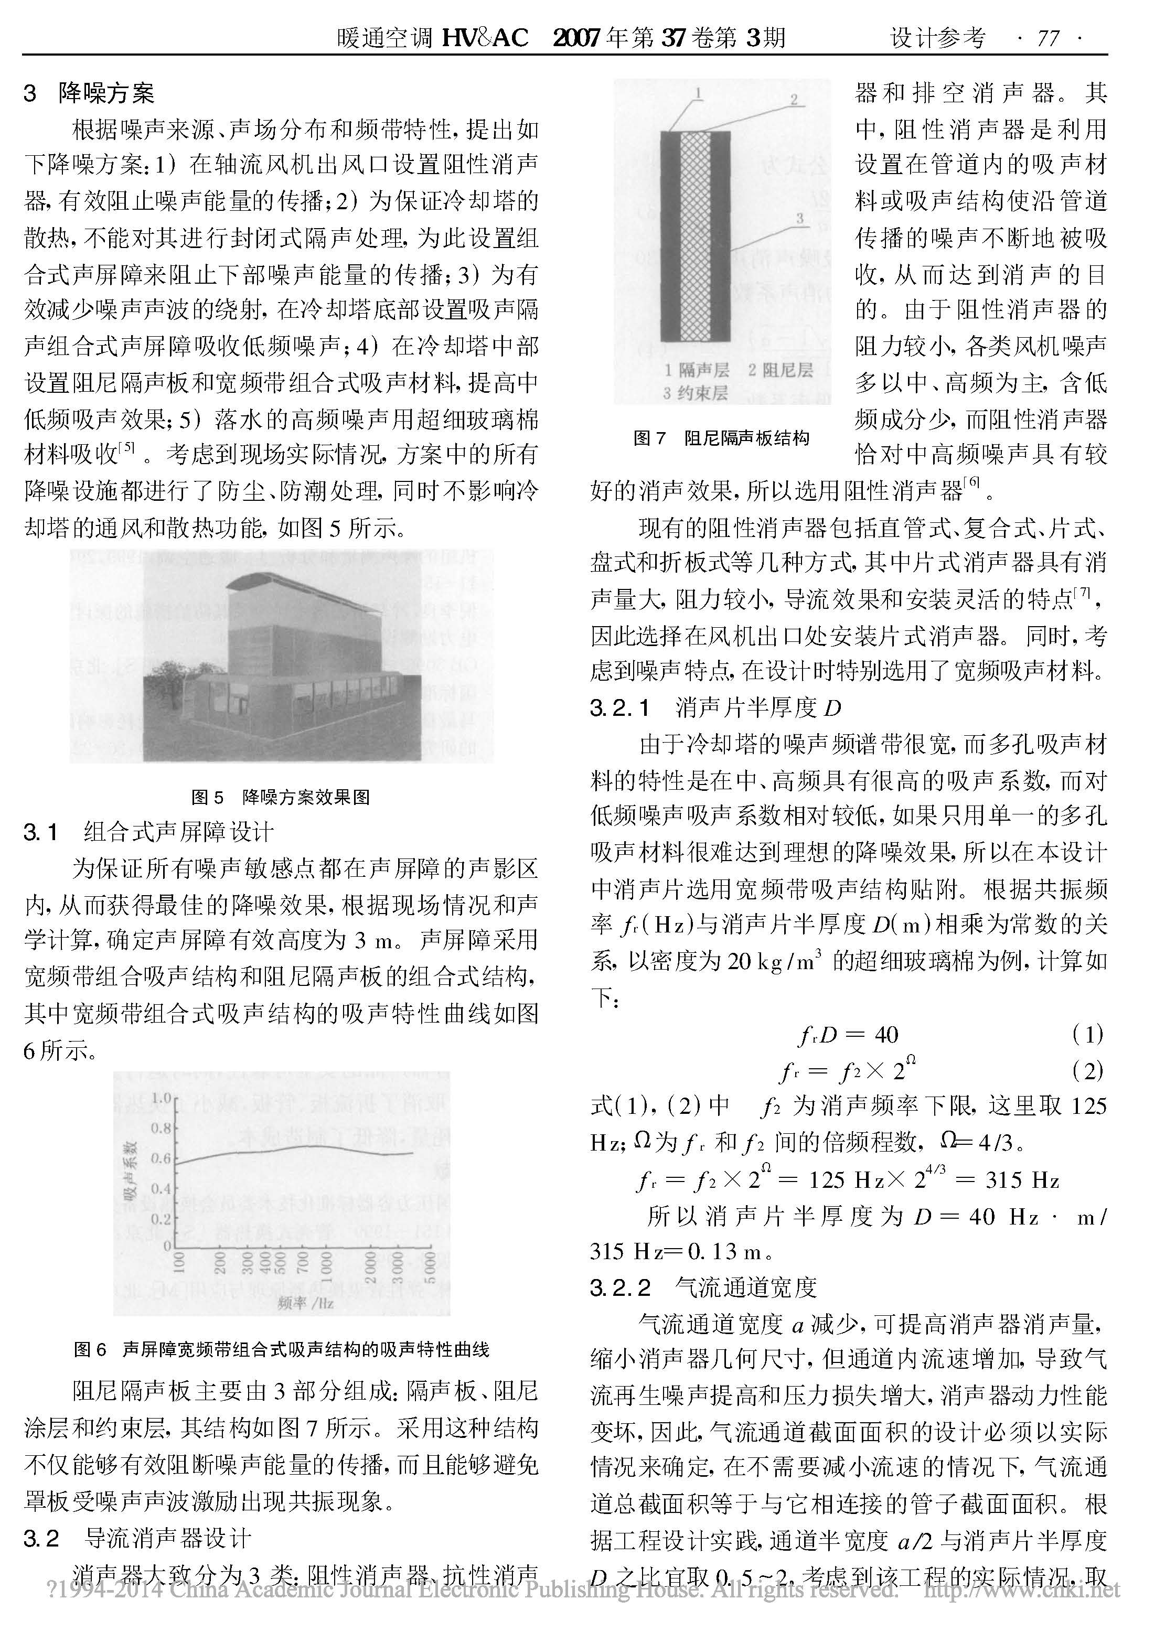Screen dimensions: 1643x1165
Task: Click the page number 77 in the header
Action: (1048, 37)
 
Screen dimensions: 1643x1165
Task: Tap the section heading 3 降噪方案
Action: (89, 93)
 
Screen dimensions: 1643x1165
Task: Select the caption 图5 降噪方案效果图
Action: (281, 796)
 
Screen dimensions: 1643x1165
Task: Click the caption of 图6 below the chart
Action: (281, 1350)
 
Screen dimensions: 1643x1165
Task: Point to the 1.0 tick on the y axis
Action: (162, 1097)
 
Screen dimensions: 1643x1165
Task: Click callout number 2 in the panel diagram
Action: (794, 100)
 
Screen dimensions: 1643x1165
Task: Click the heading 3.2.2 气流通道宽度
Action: (704, 1287)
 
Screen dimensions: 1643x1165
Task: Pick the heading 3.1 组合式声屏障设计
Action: (148, 832)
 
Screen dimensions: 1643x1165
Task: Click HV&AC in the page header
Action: (485, 37)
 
